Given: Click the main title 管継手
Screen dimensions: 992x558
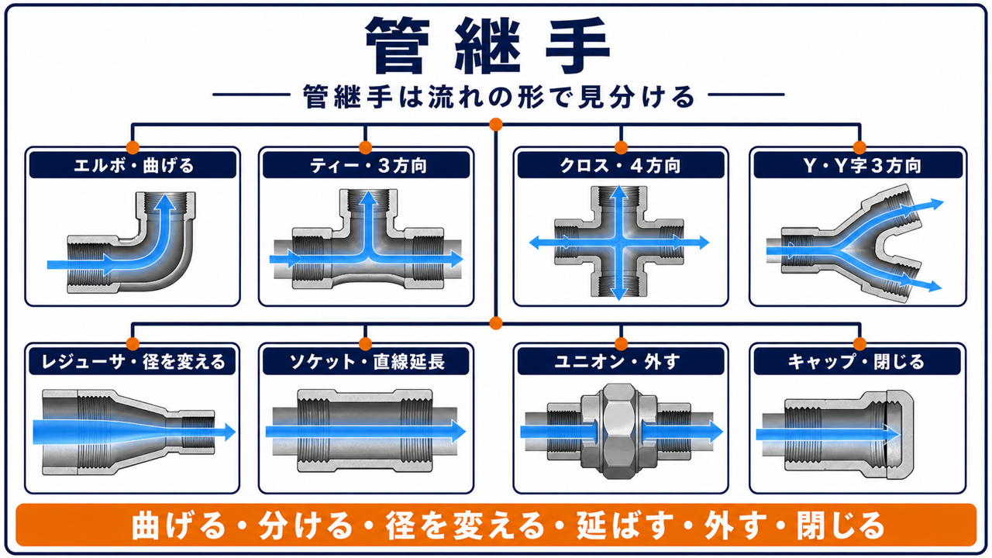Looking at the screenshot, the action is point(488,46).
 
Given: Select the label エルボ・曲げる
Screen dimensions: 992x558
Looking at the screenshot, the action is point(133,166).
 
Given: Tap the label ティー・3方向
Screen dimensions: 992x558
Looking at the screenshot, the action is point(367,166).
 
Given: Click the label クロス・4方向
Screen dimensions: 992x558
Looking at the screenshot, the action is point(620,166).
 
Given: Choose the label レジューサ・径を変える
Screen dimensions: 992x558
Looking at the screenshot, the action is point(133,362).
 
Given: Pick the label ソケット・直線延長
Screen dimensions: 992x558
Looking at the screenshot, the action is point(367,362).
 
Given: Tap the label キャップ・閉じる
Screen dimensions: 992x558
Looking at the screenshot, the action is point(856,362).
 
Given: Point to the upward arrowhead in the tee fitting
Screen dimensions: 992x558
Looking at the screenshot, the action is point(367,198).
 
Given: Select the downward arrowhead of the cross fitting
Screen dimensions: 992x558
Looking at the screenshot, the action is point(618,294).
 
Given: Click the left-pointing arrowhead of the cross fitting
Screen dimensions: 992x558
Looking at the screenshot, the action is point(537,243).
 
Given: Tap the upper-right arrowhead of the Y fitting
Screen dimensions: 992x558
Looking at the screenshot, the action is point(936,204).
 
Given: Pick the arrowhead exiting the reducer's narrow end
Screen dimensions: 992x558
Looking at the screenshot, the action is point(229,432).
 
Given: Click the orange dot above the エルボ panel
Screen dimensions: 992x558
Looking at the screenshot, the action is point(133,147).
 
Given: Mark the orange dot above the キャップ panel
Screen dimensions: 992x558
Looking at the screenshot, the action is point(859,343).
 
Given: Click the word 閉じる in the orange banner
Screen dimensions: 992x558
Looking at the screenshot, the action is point(841,525).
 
